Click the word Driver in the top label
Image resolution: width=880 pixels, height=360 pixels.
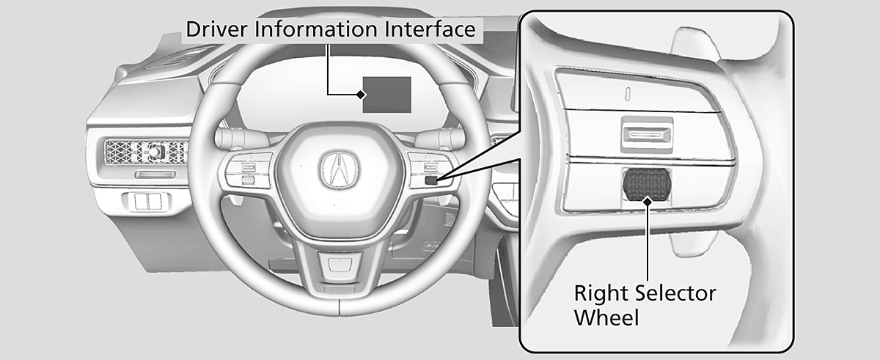(x=213, y=31)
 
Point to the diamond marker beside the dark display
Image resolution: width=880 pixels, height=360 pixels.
(x=361, y=95)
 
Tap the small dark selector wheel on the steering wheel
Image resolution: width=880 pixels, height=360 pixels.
(x=432, y=180)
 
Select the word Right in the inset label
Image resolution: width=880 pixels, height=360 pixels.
(x=598, y=295)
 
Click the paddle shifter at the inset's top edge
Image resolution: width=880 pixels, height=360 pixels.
(x=700, y=44)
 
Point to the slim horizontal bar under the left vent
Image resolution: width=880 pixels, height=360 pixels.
(x=155, y=175)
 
